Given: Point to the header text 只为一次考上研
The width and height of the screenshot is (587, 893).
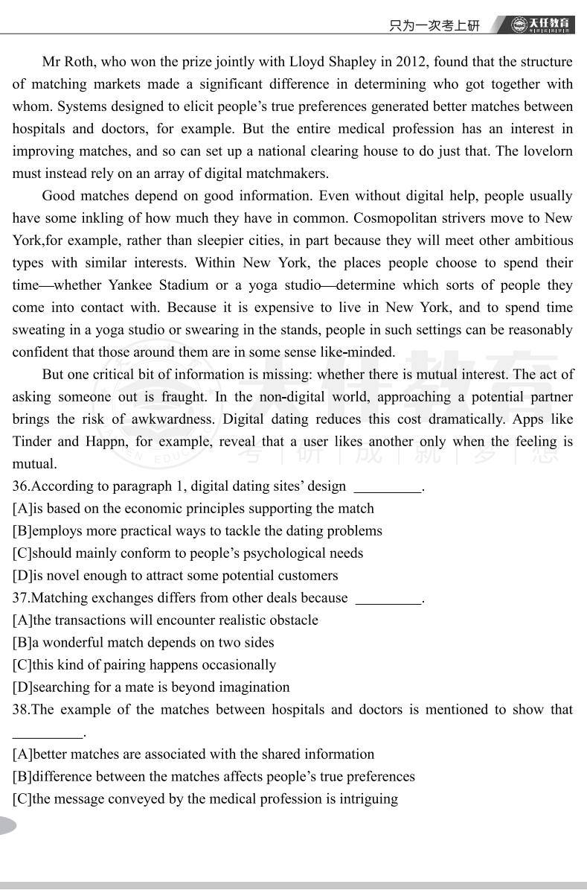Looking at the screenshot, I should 434,25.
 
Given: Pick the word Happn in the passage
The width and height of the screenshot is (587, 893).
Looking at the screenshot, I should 112,442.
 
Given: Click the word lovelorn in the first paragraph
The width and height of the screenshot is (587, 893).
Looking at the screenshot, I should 547,151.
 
